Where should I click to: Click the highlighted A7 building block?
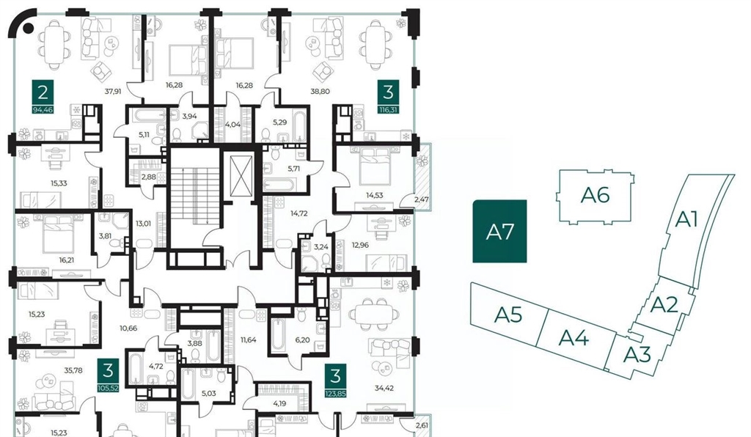499,231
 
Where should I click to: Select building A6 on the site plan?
594,196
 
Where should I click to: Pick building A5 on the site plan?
509,315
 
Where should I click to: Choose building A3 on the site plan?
637,355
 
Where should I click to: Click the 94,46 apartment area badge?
43,110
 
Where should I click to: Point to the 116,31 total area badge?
388,110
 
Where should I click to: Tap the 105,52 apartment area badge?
108,388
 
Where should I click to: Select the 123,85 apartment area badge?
335,394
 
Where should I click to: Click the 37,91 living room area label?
112,92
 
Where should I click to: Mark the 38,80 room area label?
320,92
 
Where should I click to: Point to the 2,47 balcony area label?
422,199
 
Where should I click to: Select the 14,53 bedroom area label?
375,195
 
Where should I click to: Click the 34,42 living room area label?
384,388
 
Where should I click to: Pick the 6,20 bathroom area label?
302,339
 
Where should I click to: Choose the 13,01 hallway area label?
143,223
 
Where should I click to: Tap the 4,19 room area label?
279,403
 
